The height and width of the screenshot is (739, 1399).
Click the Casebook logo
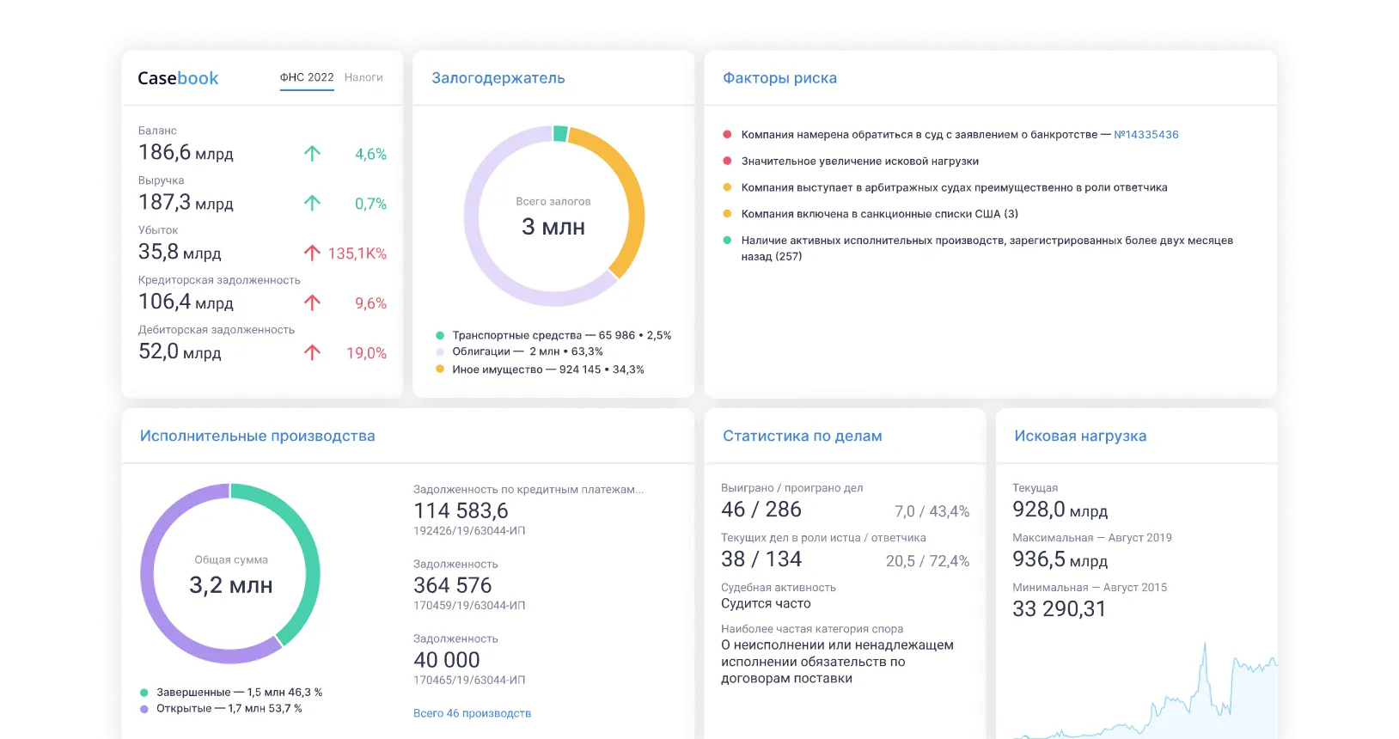pyautogui.click(x=178, y=78)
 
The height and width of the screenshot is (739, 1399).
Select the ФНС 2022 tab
pyautogui.click(x=307, y=77)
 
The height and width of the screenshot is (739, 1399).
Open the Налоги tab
pyautogui.click(x=363, y=77)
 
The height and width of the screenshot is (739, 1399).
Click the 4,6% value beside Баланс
pyautogui.click(x=370, y=154)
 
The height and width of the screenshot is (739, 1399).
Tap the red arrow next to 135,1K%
pyautogui.click(x=312, y=253)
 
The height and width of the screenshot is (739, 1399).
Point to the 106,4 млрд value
pyautogui.click(x=186, y=302)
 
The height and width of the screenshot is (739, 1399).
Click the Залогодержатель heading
pyautogui.click(x=498, y=78)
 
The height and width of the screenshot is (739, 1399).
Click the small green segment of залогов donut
pyautogui.click(x=560, y=133)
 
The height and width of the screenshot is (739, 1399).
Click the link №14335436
pyautogui.click(x=1145, y=135)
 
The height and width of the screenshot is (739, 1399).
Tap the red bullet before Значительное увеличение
pyautogui.click(x=727, y=161)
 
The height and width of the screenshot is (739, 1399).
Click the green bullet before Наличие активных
pyautogui.click(x=727, y=241)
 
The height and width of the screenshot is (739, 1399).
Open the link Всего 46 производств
pyautogui.click(x=472, y=713)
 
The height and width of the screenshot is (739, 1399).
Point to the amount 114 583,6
pyautogui.click(x=461, y=510)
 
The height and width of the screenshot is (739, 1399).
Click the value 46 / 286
pyautogui.click(x=761, y=510)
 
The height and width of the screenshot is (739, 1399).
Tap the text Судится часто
pyautogui.click(x=766, y=604)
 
